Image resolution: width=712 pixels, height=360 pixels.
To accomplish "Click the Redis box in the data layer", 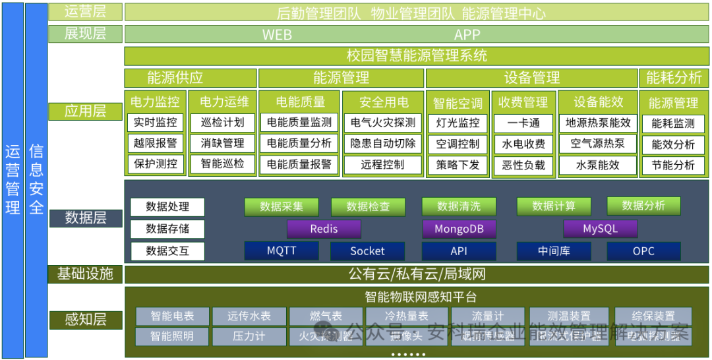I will pos(324,229).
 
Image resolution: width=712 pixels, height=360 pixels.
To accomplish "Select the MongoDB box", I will pos(460,229).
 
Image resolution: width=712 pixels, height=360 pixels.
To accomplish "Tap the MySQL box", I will pos(600,229).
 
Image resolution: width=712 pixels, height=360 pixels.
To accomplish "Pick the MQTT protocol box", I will pos(282,251).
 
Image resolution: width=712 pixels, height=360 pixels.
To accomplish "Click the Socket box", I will pos(367,251).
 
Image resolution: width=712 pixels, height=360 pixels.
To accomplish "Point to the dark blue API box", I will pos(459,251).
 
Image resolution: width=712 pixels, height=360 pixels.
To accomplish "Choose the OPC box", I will pos(643,251).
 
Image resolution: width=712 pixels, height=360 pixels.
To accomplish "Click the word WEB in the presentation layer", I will pos(277,35).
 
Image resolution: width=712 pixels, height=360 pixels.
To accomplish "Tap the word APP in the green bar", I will pos(467,35).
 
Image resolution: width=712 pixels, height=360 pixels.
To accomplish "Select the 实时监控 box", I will pos(156,123).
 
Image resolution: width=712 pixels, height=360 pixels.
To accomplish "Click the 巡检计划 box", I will pos(222,123).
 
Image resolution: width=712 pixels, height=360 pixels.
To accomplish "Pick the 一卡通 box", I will pos(523,123).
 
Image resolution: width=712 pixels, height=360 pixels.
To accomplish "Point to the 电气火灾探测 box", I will pos(383,123).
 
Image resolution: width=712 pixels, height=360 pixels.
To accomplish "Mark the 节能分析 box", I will pos(673,165).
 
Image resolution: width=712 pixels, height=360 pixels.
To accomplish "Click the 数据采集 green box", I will pos(282,206).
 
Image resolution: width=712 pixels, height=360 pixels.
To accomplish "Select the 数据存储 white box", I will pos(167,229).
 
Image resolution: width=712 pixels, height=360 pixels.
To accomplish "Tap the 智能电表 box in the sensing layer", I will pos(172,316).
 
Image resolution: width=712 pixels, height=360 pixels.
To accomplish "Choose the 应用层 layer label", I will pos(85,111).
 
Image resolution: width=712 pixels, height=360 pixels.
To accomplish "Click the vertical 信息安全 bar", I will pos(36,180).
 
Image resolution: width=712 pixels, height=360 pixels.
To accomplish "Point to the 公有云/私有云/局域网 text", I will pos(417,274).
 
